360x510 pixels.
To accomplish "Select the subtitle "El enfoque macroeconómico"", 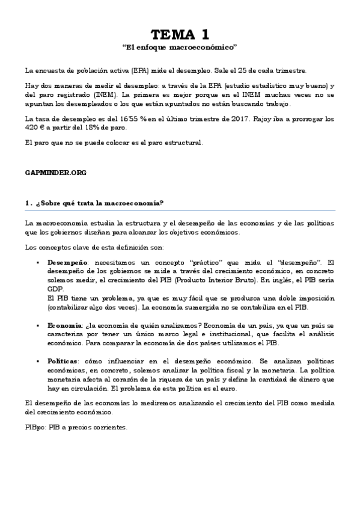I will coord(180,46).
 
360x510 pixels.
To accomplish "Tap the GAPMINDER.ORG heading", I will coord(56,173).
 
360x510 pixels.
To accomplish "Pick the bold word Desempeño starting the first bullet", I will coord(68,263).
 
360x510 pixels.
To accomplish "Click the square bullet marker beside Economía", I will coord(38,325).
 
